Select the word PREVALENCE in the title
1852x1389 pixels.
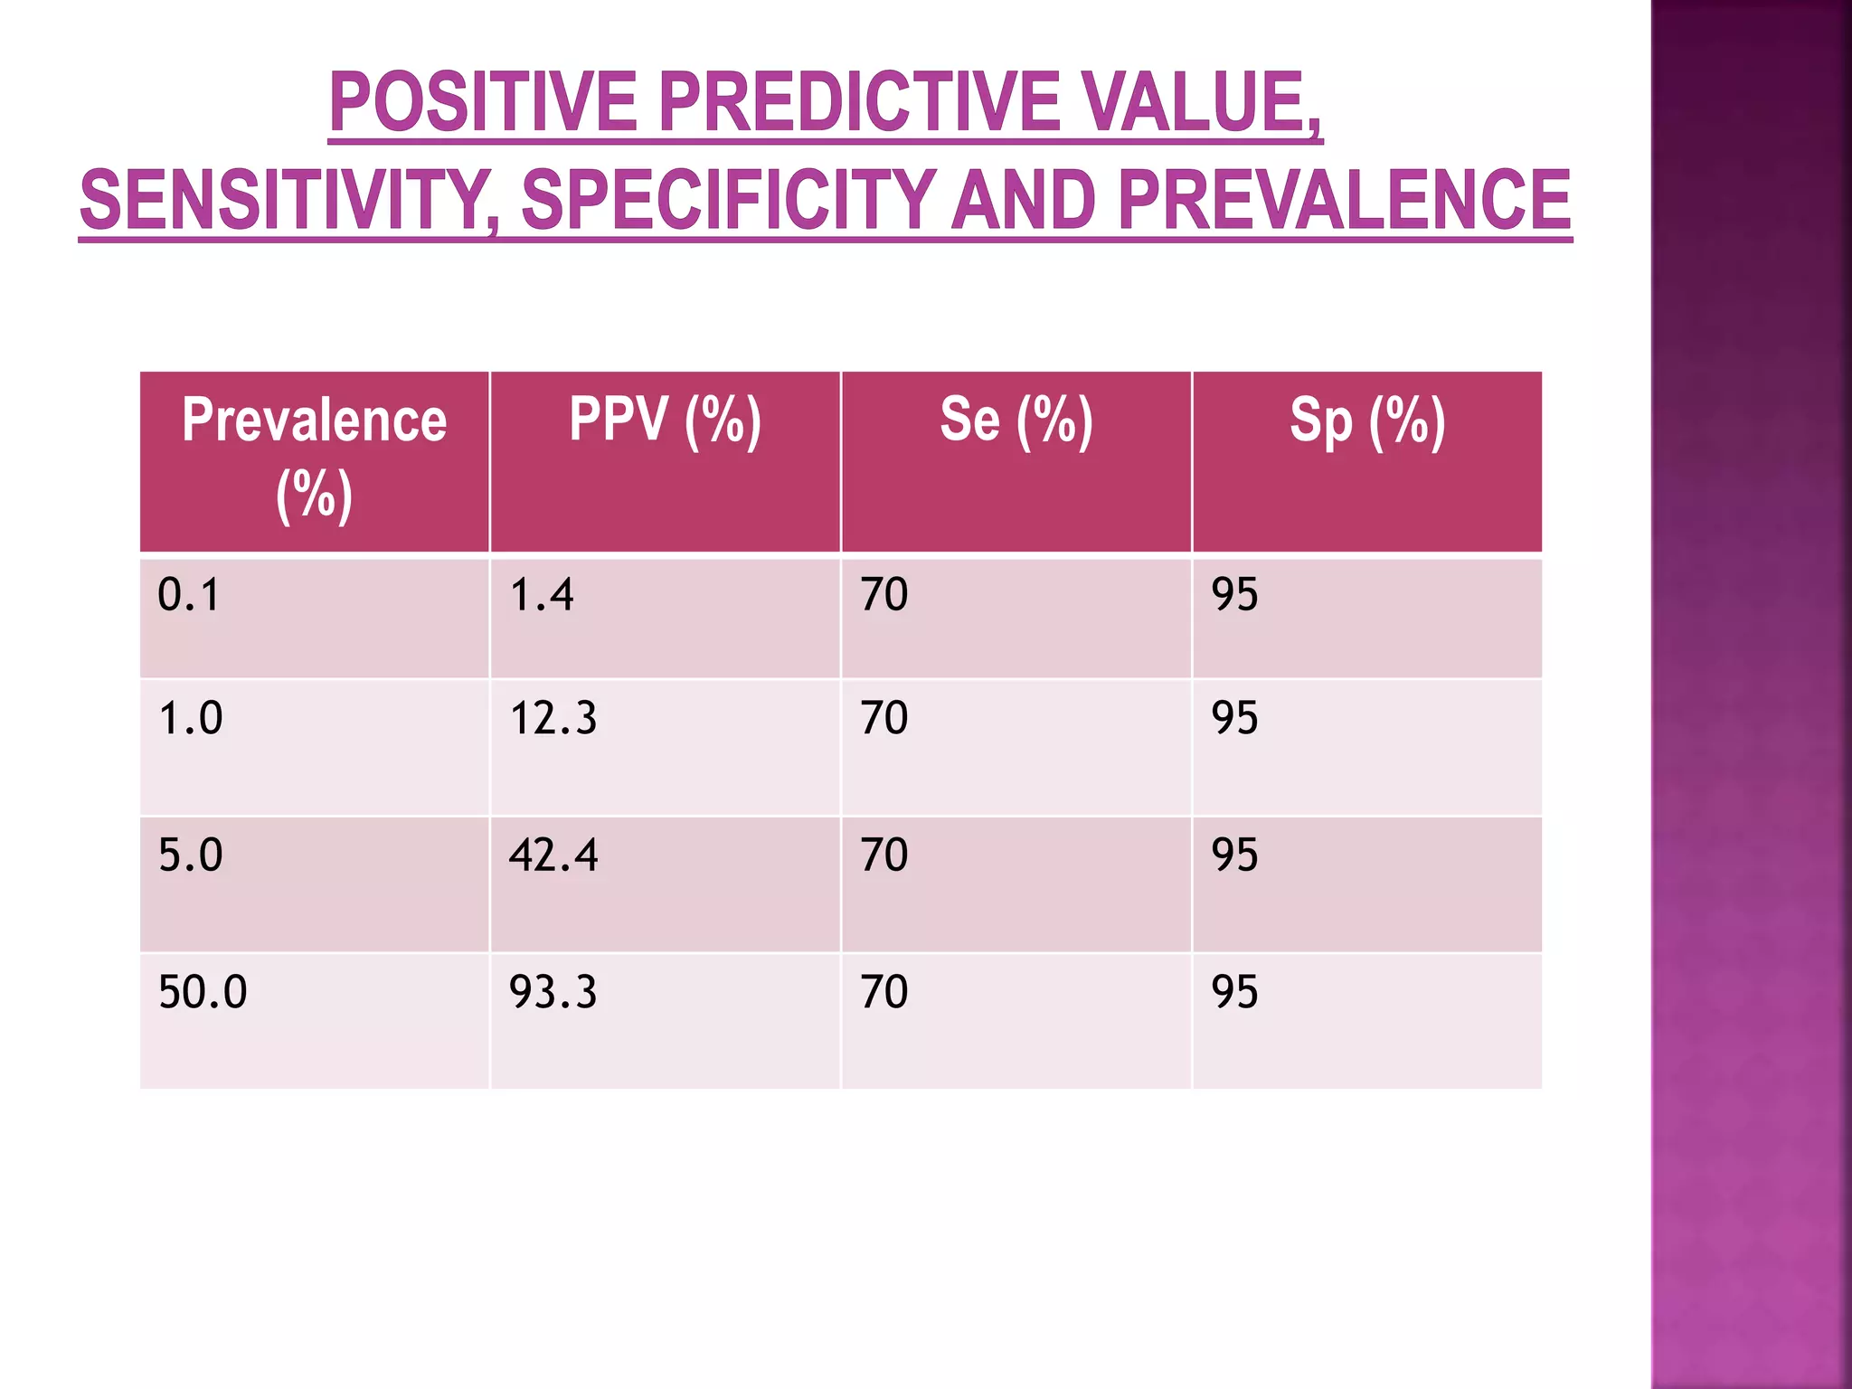pos(1344,201)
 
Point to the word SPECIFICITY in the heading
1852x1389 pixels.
pos(728,201)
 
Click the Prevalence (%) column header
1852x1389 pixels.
pos(314,458)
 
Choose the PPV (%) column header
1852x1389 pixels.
pos(665,420)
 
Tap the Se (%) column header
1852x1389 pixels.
pos(1016,420)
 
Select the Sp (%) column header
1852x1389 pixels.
pos(1366,420)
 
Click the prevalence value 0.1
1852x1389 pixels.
pos(188,595)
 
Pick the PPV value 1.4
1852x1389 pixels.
pos(541,595)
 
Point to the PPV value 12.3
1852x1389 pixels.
pos(553,718)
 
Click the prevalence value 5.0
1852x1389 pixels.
pos(190,855)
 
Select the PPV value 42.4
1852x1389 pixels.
pos(553,855)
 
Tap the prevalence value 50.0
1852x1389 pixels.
pos(203,992)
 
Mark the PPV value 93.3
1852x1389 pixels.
pos(553,992)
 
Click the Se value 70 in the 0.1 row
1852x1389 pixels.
pos(883,595)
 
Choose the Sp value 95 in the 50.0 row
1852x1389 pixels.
pos(1234,992)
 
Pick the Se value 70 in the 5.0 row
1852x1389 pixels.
pos(883,855)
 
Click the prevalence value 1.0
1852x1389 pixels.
pos(190,718)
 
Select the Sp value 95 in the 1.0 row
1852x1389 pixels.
pos(1234,718)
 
